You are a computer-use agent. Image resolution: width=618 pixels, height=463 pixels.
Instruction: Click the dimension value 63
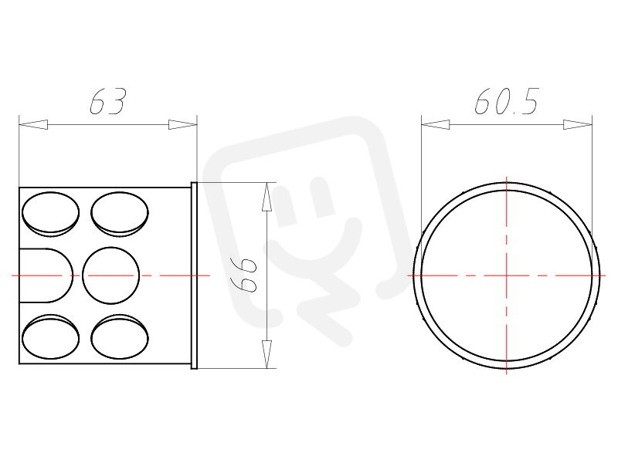[x=107, y=102]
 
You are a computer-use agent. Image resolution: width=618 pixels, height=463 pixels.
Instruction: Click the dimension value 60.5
[x=507, y=102]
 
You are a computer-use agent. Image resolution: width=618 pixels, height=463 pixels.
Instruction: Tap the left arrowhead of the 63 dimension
[x=33, y=124]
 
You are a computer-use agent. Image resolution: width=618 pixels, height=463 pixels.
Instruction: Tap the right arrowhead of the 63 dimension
[x=183, y=124]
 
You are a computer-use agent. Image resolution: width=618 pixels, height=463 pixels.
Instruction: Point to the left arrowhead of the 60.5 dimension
[x=436, y=124]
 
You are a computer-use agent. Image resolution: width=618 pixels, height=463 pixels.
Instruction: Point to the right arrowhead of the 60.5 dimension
[x=578, y=124]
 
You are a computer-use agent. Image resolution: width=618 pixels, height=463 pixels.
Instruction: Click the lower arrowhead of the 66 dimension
[x=267, y=354]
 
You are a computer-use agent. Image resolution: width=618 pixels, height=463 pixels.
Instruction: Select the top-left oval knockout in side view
[x=50, y=214]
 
